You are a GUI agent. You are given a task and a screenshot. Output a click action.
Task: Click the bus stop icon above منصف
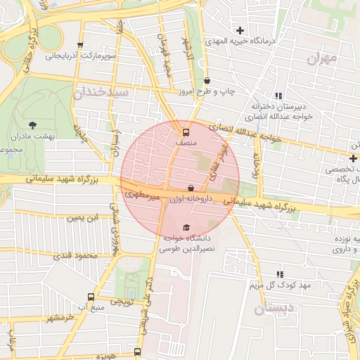pos(186,131)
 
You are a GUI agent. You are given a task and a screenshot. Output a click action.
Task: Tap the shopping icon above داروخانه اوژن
pos(191,188)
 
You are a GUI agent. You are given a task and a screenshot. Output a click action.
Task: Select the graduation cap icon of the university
pos(186,227)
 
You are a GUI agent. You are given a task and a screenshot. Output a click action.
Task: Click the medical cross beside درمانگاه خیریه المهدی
pos(240,30)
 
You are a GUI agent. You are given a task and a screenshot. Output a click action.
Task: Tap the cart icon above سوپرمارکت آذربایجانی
pos(79,44)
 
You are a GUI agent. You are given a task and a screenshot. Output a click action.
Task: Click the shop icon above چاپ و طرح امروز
pos(206,81)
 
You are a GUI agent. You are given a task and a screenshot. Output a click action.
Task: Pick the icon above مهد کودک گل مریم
pos(281,275)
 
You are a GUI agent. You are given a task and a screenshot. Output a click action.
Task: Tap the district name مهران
pos(323,58)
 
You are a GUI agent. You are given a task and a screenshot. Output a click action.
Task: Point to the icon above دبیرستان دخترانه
pos(279,96)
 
